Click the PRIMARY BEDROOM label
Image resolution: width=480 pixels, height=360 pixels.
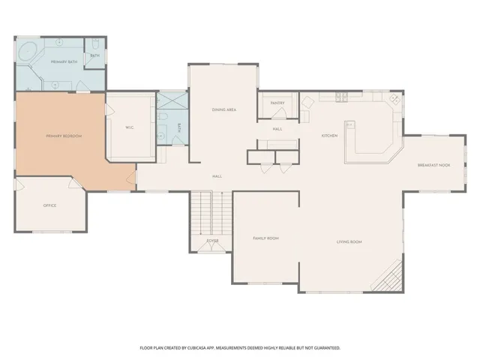(x=63, y=136)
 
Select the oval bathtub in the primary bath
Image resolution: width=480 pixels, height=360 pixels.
(x=31, y=53)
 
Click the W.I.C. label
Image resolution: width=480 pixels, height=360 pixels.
(x=129, y=127)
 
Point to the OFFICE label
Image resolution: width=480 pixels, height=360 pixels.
(x=49, y=205)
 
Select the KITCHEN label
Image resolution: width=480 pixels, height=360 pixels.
(x=329, y=136)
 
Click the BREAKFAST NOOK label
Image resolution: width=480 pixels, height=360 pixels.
(x=433, y=165)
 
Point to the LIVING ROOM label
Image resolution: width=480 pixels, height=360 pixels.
(x=349, y=241)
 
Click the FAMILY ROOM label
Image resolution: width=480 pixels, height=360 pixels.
(x=265, y=238)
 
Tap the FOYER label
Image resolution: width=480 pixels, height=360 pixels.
(x=213, y=241)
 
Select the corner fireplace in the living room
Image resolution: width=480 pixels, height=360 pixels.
(x=389, y=281)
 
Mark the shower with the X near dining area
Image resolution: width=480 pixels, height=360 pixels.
(x=169, y=101)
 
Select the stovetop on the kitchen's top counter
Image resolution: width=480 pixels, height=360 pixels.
(x=343, y=96)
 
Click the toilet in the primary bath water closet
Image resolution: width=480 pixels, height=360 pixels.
(x=95, y=43)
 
